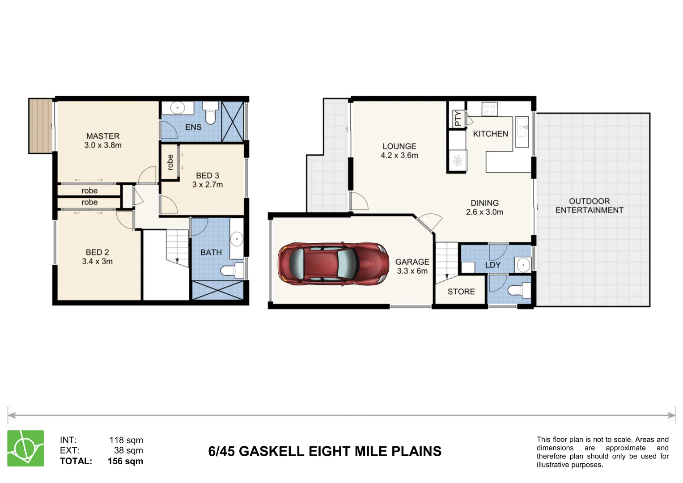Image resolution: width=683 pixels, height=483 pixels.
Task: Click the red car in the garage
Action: (x=333, y=263)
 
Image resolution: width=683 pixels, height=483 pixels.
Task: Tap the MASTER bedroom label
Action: (x=103, y=136)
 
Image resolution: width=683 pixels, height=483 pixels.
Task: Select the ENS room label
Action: (x=193, y=127)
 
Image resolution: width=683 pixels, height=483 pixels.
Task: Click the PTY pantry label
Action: (x=458, y=119)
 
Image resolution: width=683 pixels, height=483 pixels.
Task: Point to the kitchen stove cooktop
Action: (x=489, y=109)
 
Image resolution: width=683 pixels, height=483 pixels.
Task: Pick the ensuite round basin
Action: (x=178, y=108)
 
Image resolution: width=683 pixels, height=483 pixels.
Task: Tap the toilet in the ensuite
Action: (x=210, y=115)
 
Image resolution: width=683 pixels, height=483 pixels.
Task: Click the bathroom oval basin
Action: (x=237, y=239)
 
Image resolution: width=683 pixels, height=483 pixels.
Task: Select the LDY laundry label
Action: (x=493, y=265)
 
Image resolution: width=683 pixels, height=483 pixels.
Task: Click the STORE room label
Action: (x=461, y=292)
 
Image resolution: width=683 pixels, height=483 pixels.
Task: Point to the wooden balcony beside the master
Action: (x=41, y=126)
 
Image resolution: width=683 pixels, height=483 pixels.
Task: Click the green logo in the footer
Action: (x=25, y=448)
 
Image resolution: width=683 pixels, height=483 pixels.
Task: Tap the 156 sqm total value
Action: (x=125, y=461)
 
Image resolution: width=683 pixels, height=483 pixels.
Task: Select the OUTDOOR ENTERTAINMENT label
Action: (x=589, y=206)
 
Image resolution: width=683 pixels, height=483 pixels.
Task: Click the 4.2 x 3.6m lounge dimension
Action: (x=399, y=156)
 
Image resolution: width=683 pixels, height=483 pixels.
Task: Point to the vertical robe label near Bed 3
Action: (x=170, y=162)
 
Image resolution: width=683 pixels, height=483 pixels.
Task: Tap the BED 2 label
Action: (x=98, y=252)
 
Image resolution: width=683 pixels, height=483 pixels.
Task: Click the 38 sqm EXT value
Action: (x=128, y=450)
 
